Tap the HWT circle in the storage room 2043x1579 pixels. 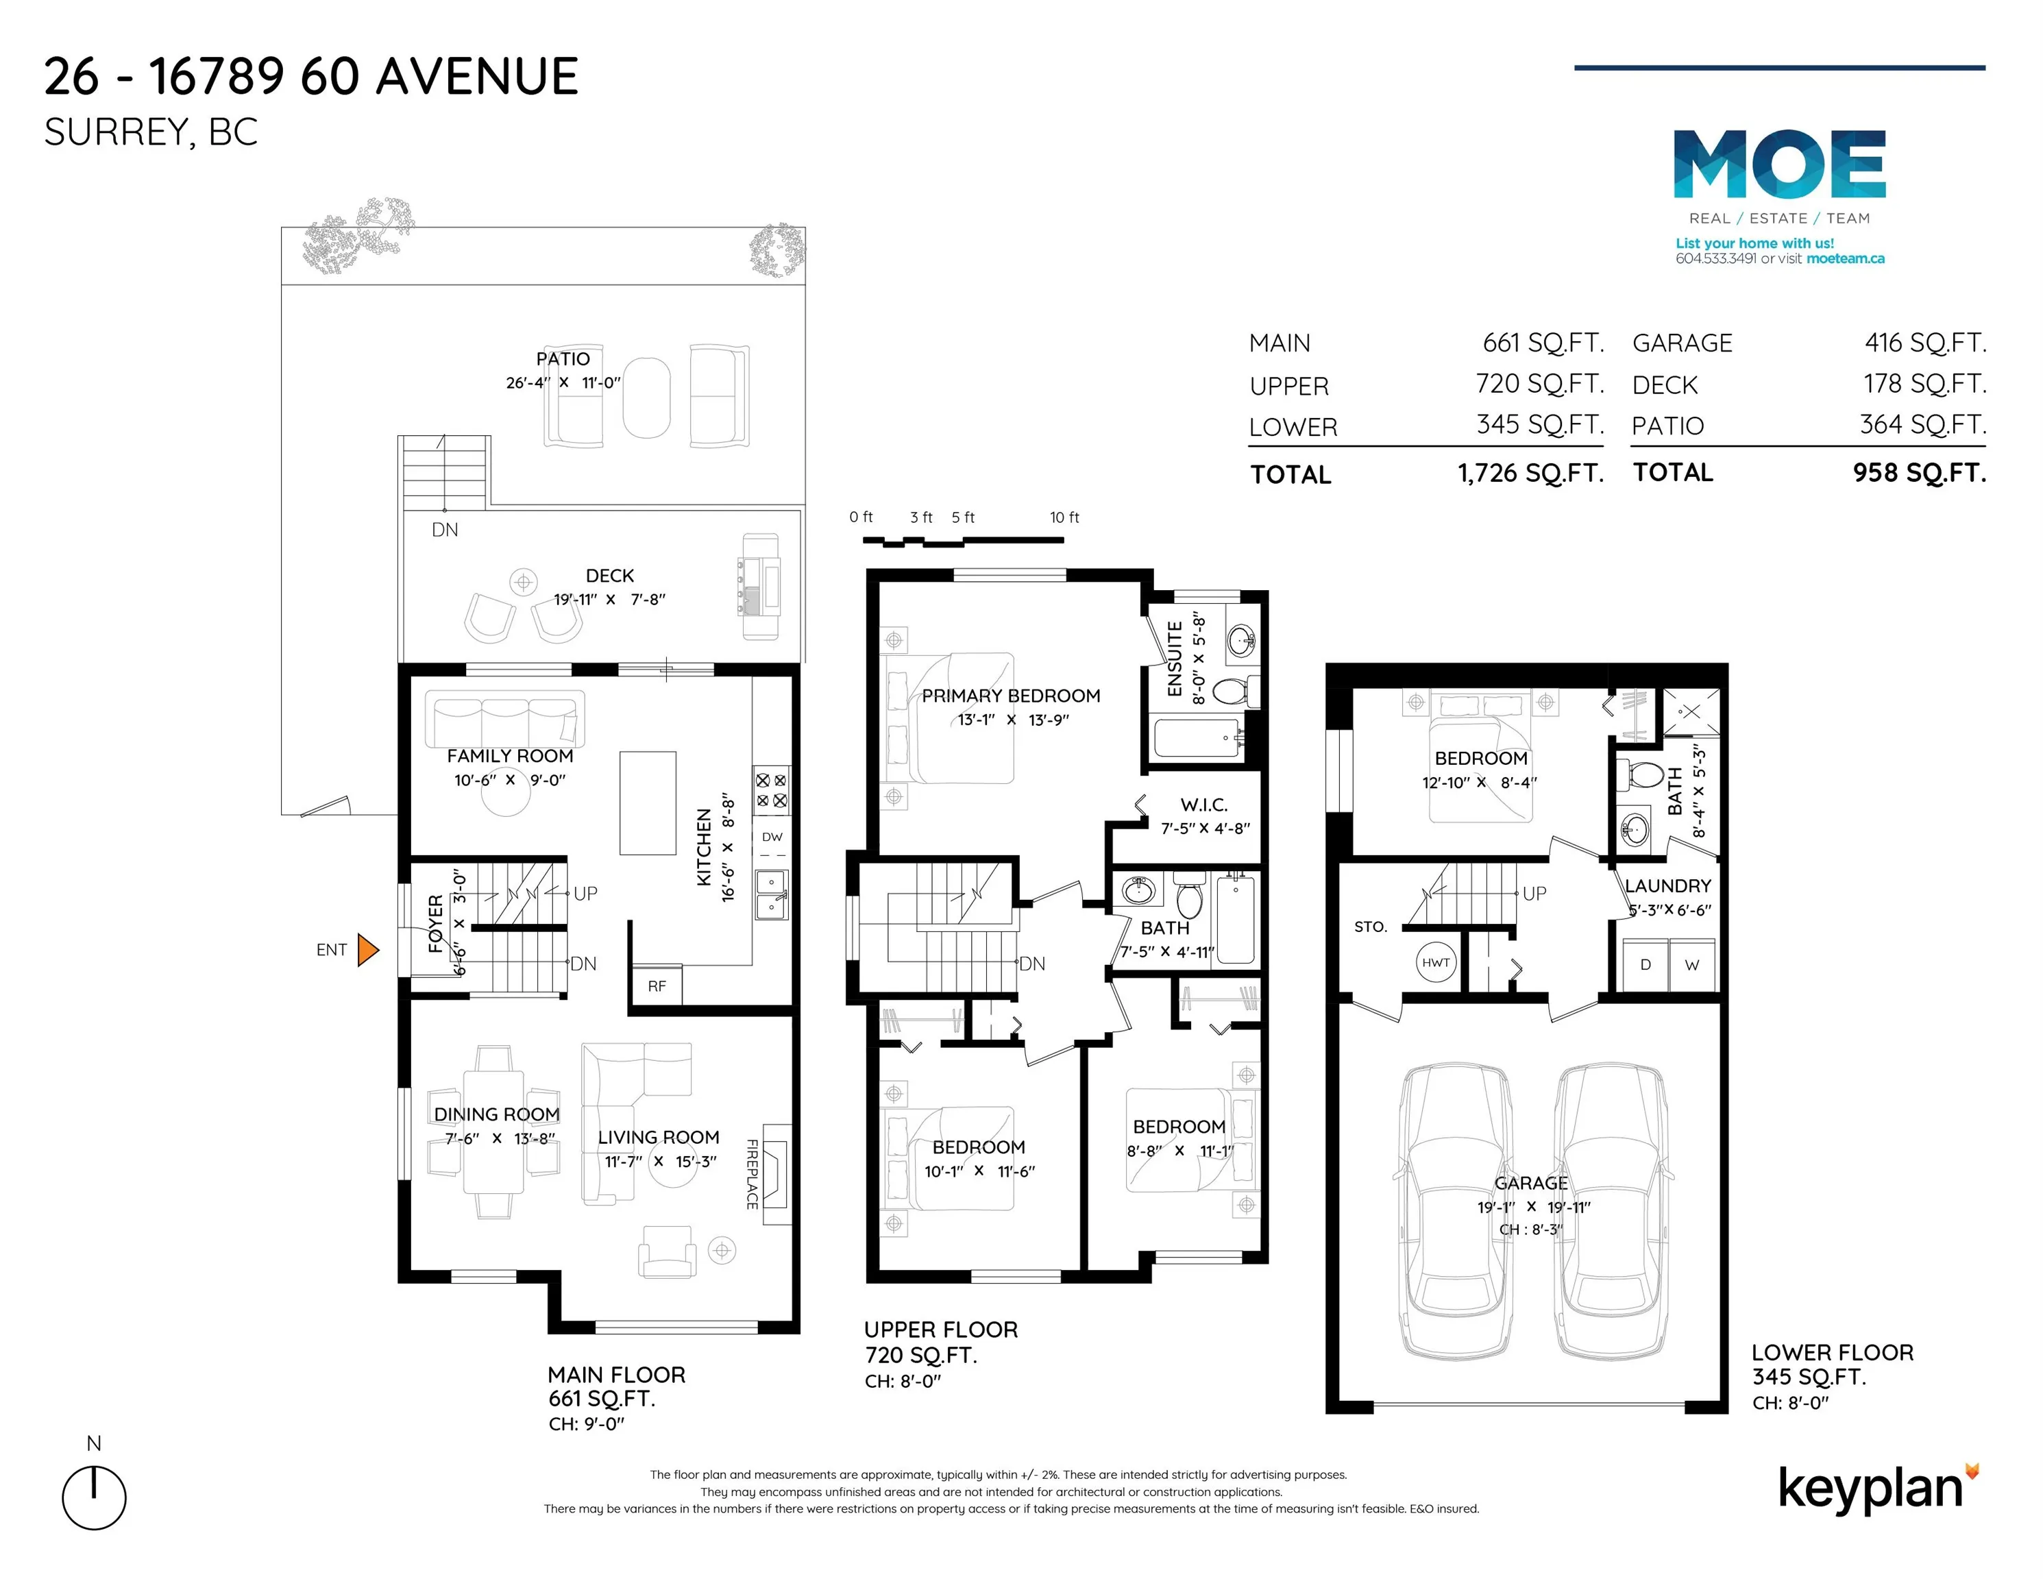pyautogui.click(x=1436, y=963)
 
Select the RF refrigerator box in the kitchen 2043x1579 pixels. pyautogui.click(x=657, y=986)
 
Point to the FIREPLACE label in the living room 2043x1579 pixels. pyautogui.click(x=752, y=1174)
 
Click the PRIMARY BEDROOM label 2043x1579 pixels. pyautogui.click(x=1011, y=696)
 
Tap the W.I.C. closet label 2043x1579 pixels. pyautogui.click(x=1204, y=805)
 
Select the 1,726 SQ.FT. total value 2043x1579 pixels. pyautogui.click(x=1531, y=474)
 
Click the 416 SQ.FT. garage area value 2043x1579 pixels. pyautogui.click(x=1925, y=343)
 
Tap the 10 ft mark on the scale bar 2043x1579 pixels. pyautogui.click(x=1064, y=517)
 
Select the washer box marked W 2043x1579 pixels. pyautogui.click(x=1692, y=964)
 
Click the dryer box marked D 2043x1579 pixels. pyautogui.click(x=1646, y=964)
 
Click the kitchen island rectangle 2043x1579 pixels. pyautogui.click(x=648, y=803)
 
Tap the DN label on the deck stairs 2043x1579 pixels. pyautogui.click(x=445, y=530)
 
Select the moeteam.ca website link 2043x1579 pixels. pyautogui.click(x=1846, y=259)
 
